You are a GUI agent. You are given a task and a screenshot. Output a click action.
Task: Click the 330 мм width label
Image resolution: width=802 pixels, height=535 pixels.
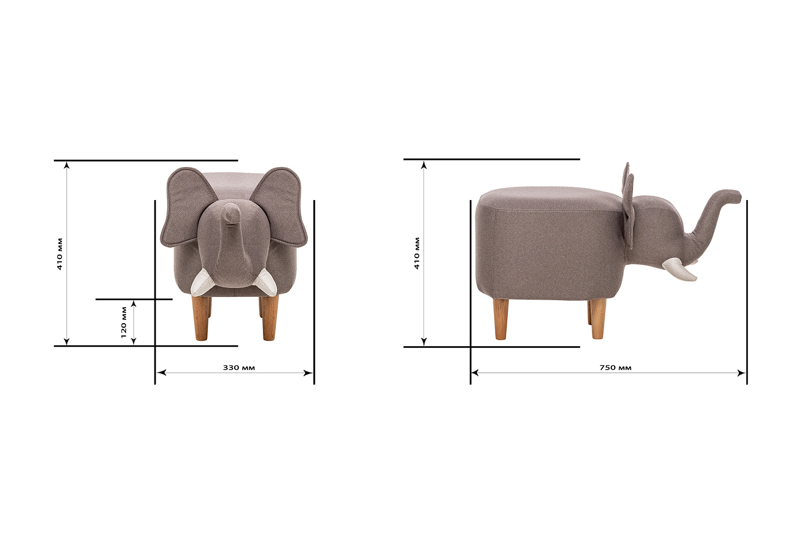click(239, 368)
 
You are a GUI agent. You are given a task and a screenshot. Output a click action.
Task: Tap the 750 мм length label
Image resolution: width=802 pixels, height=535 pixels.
click(615, 368)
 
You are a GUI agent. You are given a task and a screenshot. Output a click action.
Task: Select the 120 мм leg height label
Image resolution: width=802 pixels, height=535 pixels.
click(124, 322)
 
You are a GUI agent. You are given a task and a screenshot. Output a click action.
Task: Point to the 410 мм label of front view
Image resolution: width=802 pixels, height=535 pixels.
click(60, 254)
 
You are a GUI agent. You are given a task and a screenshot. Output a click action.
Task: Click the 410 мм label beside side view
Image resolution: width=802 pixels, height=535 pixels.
click(417, 253)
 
